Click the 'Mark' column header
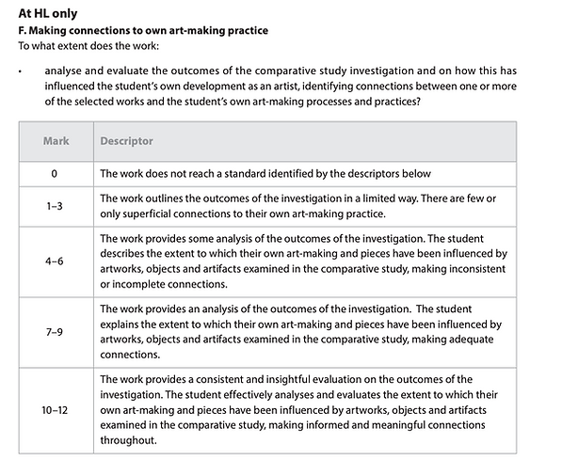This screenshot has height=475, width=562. (56, 141)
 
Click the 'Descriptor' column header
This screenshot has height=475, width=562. (126, 141)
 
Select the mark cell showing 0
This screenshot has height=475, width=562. (55, 174)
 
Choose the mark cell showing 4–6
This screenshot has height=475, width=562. (55, 261)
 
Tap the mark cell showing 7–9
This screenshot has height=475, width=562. (55, 333)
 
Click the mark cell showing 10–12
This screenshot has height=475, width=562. (55, 410)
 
